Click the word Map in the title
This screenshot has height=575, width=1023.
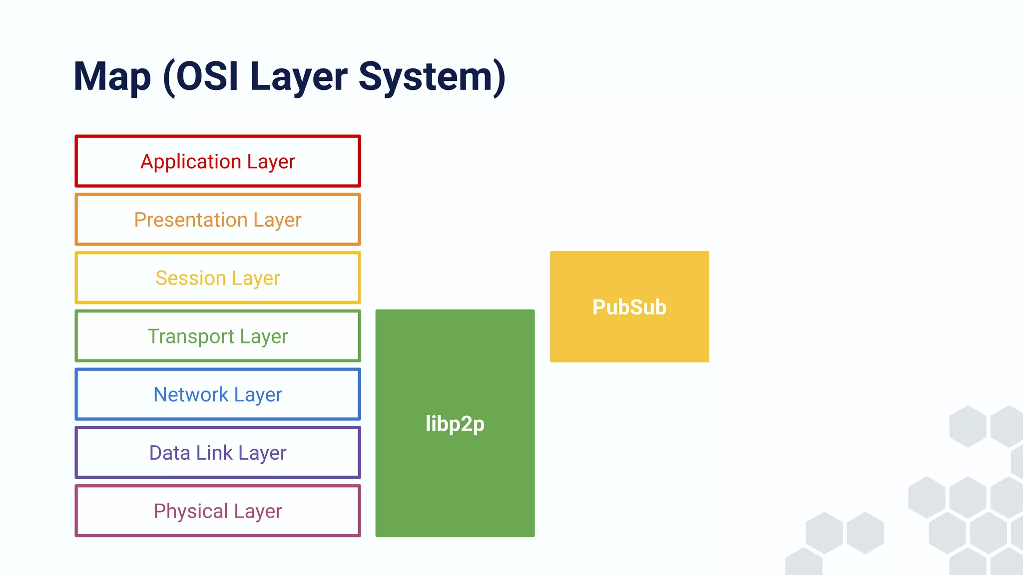pyautogui.click(x=112, y=77)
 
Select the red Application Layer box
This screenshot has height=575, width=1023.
pyautogui.click(x=218, y=161)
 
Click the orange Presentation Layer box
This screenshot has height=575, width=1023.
pyautogui.click(x=218, y=220)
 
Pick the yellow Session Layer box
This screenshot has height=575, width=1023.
pyautogui.click(x=218, y=278)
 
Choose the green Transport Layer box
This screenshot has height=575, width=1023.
pyautogui.click(x=218, y=336)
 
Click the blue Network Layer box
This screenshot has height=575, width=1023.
pyautogui.click(x=218, y=394)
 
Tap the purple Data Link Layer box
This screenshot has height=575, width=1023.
pyautogui.click(x=218, y=453)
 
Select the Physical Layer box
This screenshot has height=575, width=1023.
pyautogui.click(x=218, y=511)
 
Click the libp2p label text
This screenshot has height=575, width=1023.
pyautogui.click(x=455, y=424)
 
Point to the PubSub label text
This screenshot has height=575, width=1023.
pyautogui.click(x=629, y=307)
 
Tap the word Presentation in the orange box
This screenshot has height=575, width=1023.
pyautogui.click(x=191, y=220)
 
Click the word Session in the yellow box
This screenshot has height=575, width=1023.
pyautogui.click(x=190, y=278)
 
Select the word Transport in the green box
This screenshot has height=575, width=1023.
pyautogui.click(x=191, y=336)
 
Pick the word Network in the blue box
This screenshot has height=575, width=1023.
pyautogui.click(x=191, y=394)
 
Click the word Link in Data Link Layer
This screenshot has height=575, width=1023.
pyautogui.click(x=214, y=453)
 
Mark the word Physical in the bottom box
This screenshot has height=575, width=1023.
pyautogui.click(x=191, y=511)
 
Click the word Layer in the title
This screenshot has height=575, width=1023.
pyautogui.click(x=298, y=77)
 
